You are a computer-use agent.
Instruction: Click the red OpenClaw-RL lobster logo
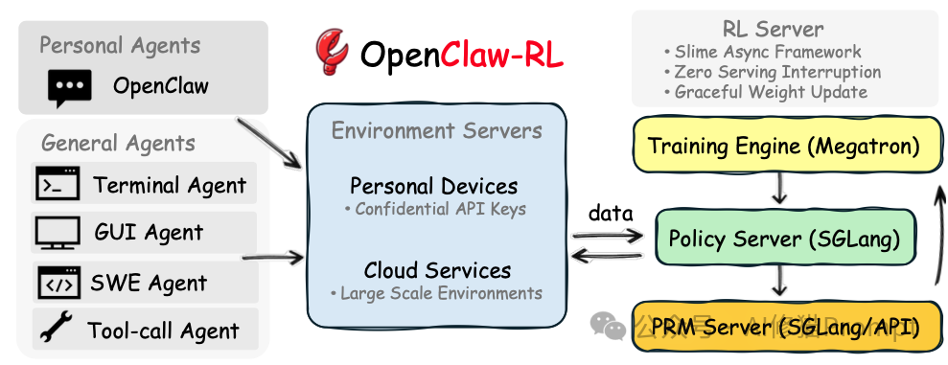point(332,54)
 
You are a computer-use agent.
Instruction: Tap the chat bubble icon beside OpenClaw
point(70,88)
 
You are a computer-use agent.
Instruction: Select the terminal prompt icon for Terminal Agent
point(58,184)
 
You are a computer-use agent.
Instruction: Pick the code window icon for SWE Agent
point(58,283)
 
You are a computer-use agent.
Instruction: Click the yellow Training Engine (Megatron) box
point(783,147)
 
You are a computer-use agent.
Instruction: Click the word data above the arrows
point(609,213)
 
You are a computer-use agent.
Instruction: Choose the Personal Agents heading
point(120,45)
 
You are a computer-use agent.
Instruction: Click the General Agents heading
point(118,144)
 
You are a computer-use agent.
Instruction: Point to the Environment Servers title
point(436,130)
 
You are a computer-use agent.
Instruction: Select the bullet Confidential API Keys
point(436,209)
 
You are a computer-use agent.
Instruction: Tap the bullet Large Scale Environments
point(436,293)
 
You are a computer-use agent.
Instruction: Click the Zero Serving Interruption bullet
point(772,72)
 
